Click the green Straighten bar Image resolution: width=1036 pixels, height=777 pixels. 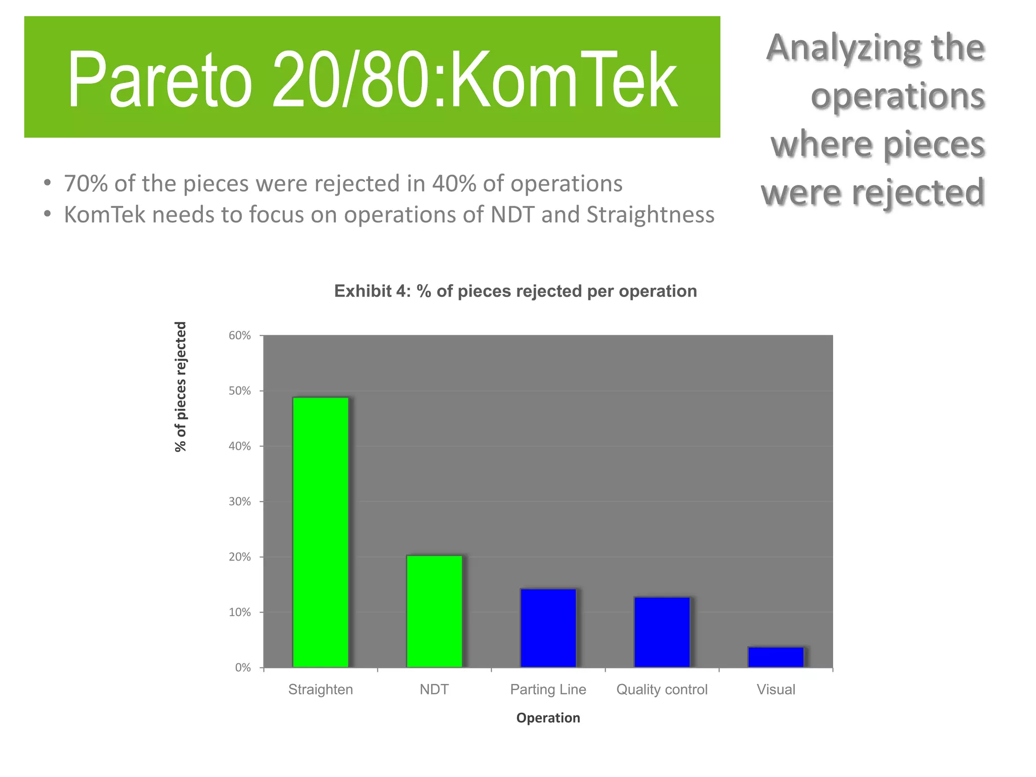point(321,532)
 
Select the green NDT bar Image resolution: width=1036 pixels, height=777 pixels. point(435,611)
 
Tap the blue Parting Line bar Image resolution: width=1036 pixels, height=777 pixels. point(548,628)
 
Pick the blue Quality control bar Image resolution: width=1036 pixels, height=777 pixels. point(662,632)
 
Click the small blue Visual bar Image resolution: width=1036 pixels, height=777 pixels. point(776,657)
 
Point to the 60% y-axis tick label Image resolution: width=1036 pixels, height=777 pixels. point(240,336)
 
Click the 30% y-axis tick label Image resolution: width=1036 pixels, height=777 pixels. point(240,502)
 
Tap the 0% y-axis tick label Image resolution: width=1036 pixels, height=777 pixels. point(243,668)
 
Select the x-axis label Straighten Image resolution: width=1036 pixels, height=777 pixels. point(321,689)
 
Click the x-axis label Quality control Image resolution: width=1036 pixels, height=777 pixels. point(662,689)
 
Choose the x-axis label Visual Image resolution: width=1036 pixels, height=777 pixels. point(776,689)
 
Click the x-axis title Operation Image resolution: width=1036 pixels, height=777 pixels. point(548,718)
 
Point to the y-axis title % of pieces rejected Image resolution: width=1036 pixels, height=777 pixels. point(181,387)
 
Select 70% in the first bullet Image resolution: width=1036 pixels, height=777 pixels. point(85,184)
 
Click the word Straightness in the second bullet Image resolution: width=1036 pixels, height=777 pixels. point(651,215)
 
